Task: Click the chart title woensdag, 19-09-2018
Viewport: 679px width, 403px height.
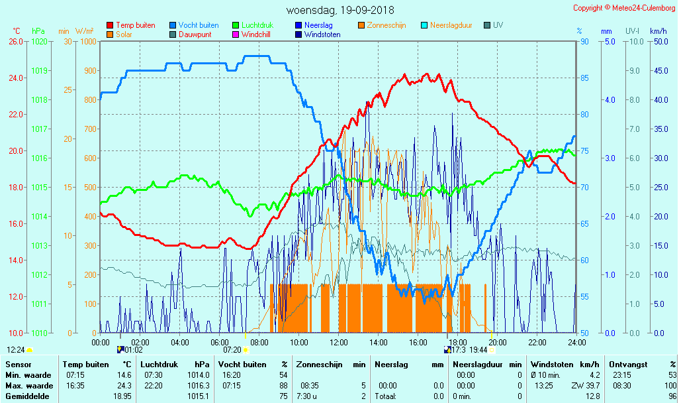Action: [x=339, y=10]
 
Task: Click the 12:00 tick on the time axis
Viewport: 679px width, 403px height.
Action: [x=339, y=342]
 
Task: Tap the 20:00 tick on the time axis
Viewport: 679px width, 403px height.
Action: [x=498, y=342]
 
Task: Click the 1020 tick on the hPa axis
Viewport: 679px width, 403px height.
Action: [x=39, y=41]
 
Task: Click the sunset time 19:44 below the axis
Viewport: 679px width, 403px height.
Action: [x=478, y=350]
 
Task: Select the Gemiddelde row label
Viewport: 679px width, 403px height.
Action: [x=29, y=396]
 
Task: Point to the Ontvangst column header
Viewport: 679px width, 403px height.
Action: [x=627, y=364]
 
